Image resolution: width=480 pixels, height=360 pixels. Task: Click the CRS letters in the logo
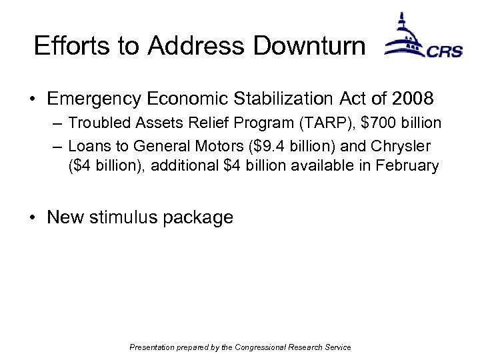(444, 51)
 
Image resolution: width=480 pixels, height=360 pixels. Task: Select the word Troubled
(95, 123)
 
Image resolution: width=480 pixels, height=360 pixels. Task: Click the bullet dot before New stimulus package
(33, 218)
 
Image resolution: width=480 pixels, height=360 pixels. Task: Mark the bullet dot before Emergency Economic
(33, 100)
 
